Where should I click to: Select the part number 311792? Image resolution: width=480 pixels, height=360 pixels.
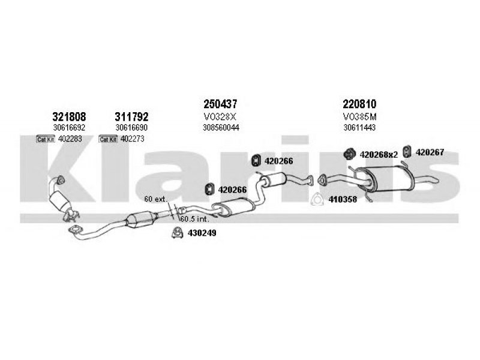pyautogui.click(x=131, y=116)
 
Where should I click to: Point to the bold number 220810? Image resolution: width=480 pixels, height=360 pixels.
pyautogui.click(x=360, y=104)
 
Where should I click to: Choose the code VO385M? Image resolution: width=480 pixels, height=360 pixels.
pyautogui.click(x=360, y=116)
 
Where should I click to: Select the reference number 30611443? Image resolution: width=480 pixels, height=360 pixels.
pyautogui.click(x=360, y=127)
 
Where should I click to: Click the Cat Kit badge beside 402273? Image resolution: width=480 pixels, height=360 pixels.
pyautogui.click(x=109, y=139)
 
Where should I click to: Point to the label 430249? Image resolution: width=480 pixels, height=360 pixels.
pyautogui.click(x=202, y=233)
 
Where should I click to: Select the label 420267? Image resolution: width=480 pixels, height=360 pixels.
pyautogui.click(x=430, y=153)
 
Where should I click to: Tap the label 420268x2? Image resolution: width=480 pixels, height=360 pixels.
pyautogui.click(x=379, y=154)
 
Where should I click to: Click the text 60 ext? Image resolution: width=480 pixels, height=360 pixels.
pyautogui.click(x=155, y=198)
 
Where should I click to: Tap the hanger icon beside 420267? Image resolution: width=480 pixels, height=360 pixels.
pyautogui.click(x=406, y=152)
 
